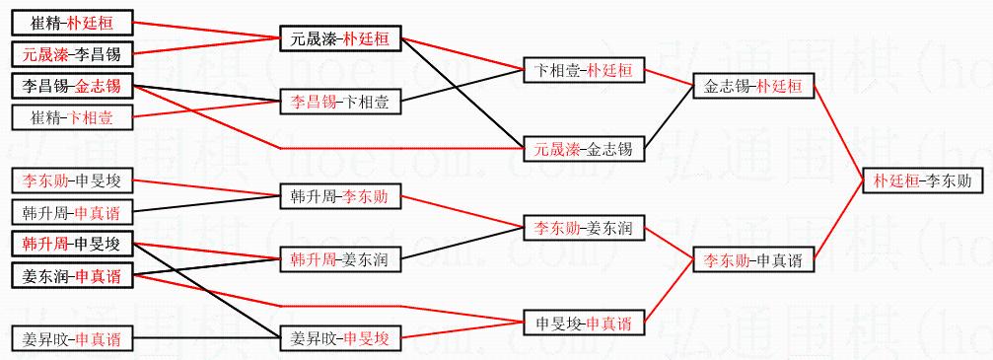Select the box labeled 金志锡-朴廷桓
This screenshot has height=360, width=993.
coord(752,87)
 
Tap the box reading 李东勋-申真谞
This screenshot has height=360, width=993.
coord(752,259)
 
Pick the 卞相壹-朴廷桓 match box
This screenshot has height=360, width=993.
coord(583,70)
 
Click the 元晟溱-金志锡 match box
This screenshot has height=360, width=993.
coord(583,150)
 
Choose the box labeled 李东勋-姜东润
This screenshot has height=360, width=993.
coord(583,228)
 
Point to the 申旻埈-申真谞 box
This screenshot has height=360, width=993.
coord(583,324)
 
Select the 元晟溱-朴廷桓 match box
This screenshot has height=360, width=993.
coord(341,39)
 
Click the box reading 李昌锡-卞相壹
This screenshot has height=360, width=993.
coord(341,101)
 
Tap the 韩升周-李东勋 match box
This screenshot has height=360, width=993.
coord(341,197)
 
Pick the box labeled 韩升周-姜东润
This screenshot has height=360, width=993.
coord(341,258)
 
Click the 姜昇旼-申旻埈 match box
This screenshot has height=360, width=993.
coord(341,339)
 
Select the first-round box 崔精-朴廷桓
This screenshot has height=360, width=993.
coord(72,23)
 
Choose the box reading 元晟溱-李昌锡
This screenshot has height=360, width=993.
coord(72,54)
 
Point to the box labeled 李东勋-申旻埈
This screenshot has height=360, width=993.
coord(72,181)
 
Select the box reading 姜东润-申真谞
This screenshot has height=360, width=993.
coord(72,276)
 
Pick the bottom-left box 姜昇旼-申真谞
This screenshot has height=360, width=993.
coord(72,339)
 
